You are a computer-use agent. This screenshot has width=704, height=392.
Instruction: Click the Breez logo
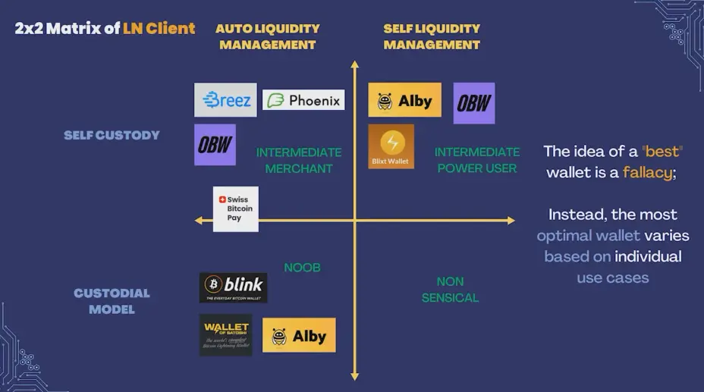[x=225, y=99]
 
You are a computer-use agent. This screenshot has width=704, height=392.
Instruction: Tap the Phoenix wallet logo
[x=303, y=100]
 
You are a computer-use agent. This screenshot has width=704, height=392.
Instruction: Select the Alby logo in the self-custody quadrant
[x=404, y=100]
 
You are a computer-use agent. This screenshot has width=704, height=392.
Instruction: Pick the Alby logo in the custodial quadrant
[x=299, y=335]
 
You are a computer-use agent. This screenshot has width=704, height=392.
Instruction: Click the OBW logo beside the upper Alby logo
[x=474, y=103]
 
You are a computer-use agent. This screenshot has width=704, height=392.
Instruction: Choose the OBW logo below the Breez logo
[x=215, y=145]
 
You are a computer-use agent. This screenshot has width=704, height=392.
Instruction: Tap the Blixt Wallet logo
[x=391, y=146]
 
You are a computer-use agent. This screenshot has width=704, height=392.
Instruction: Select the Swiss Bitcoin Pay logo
[x=235, y=209]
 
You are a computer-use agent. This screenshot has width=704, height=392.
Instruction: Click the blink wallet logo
[x=233, y=287]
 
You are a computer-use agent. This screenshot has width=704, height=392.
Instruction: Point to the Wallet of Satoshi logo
[x=226, y=335]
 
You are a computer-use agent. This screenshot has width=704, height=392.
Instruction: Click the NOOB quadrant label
[x=302, y=268]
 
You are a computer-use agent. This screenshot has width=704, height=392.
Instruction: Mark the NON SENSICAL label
[x=450, y=290]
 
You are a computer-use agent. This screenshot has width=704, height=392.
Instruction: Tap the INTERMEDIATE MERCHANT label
[x=299, y=160]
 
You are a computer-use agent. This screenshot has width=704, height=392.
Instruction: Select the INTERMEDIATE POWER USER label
[x=476, y=160]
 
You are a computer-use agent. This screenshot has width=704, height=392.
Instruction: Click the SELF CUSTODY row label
[x=112, y=135]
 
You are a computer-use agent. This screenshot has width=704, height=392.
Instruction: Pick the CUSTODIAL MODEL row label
[x=112, y=301]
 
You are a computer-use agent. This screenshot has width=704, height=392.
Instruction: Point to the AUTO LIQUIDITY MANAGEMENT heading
[x=267, y=36]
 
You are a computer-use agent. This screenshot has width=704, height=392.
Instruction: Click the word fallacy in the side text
[x=647, y=172]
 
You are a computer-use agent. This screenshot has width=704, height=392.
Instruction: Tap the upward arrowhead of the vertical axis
[x=354, y=65]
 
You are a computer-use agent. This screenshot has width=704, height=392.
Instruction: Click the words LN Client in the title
[x=159, y=29]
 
